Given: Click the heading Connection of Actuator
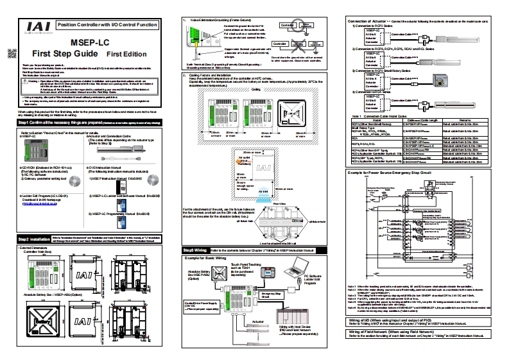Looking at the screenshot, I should [377, 21].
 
